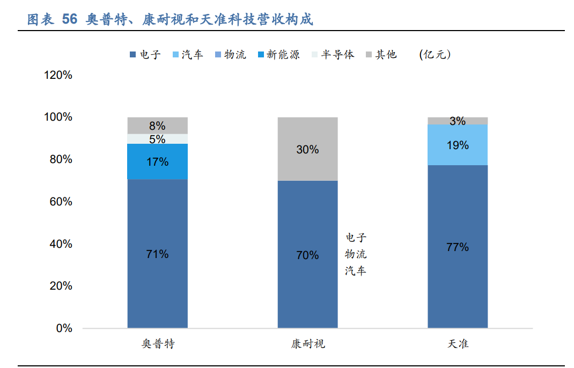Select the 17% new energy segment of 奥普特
point(157,161)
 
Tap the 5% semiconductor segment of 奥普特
point(157,139)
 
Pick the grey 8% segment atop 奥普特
point(157,126)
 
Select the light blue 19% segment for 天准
point(458,145)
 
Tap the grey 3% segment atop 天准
point(458,121)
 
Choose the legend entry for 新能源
point(278,55)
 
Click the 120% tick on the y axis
point(58,75)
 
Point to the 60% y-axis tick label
point(61,202)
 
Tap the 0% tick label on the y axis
point(64,328)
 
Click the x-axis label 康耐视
point(308,344)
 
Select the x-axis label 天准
point(458,344)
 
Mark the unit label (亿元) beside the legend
point(435,55)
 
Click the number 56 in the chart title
point(70,20)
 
